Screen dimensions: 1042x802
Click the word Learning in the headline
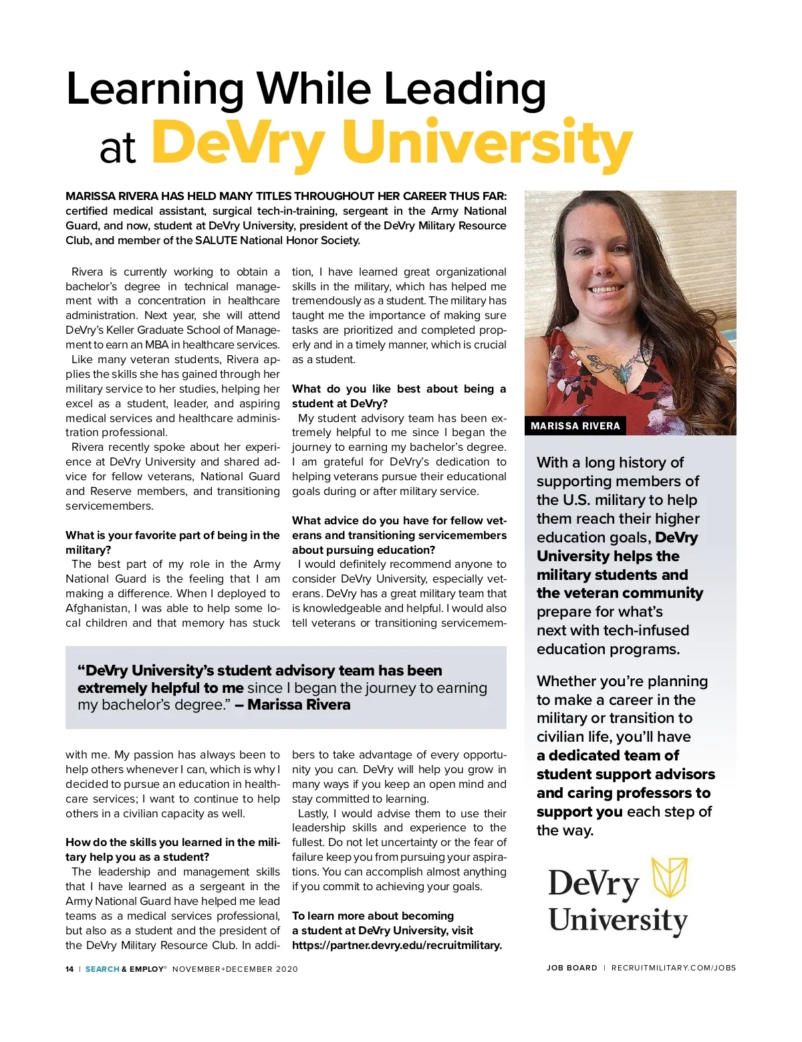[x=156, y=89]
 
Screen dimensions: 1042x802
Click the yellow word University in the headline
[x=487, y=142]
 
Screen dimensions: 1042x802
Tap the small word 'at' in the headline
[x=118, y=148]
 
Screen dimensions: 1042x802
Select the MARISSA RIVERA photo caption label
[x=575, y=426]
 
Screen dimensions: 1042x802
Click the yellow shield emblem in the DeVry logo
[x=670, y=877]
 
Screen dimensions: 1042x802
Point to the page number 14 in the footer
[x=70, y=969]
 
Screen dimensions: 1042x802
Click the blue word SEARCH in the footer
[x=102, y=969]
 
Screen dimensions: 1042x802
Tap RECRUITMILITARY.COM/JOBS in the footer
[x=673, y=968]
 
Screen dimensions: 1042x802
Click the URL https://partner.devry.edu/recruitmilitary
[x=396, y=945]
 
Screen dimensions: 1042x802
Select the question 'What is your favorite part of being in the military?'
[x=172, y=542]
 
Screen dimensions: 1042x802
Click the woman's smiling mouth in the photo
[x=606, y=289]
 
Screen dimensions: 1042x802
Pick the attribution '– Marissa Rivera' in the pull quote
[x=292, y=705]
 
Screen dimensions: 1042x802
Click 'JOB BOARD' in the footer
[x=571, y=968]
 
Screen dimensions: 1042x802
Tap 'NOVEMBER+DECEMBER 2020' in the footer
[x=235, y=969]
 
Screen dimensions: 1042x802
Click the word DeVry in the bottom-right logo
[x=593, y=884]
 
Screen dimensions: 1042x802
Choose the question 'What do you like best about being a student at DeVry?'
[x=399, y=396]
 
